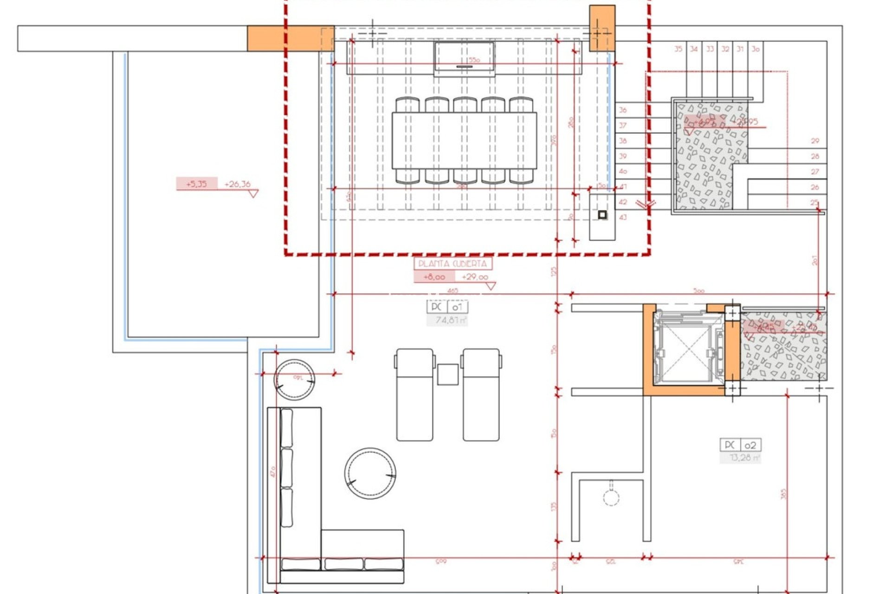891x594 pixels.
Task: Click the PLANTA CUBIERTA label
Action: coord(452,264)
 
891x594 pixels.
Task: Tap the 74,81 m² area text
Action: coord(447,320)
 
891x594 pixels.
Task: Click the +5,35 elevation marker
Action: coord(196,184)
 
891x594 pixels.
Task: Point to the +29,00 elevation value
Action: coord(475,277)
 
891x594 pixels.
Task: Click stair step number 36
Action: coord(623,110)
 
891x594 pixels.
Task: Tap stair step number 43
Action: coord(623,217)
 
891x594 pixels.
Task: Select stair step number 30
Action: coord(755,49)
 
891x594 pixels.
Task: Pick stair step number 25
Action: coord(814,202)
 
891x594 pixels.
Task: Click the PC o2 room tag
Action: coord(741,445)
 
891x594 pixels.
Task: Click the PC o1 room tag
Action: coord(447,307)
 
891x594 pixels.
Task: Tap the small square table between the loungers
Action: coord(448,374)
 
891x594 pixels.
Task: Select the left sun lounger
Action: coord(415,394)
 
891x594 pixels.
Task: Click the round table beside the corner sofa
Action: coord(370,473)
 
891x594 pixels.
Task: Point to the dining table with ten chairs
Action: coord(464,141)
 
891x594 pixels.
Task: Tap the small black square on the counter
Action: coord(602,215)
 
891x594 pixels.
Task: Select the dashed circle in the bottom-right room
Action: coord(611,498)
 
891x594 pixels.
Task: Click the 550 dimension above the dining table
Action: coord(474,60)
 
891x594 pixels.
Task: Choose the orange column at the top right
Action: coord(602,28)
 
